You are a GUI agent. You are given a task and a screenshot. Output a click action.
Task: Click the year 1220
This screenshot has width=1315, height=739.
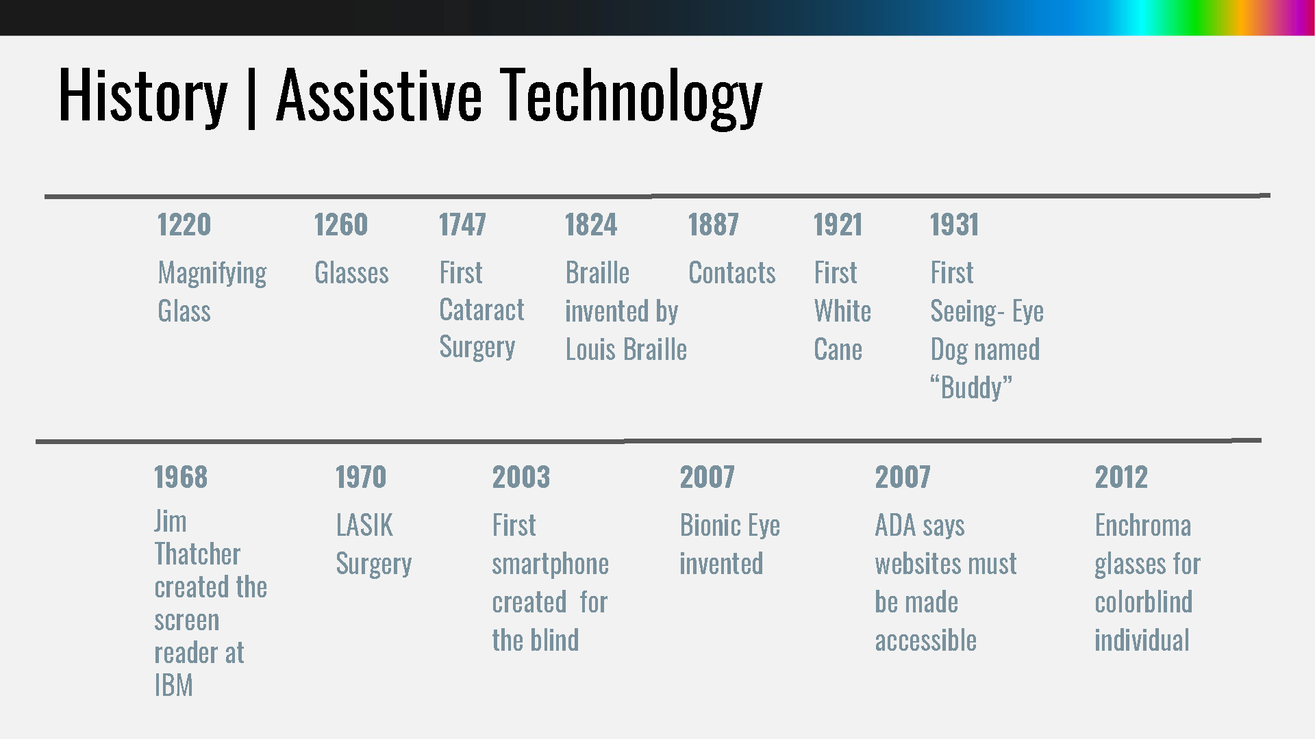184,224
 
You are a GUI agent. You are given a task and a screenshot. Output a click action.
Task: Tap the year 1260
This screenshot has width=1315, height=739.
341,224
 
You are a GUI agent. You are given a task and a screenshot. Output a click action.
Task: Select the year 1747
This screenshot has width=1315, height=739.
462,224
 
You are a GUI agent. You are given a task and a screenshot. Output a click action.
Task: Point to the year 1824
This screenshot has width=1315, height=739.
591,224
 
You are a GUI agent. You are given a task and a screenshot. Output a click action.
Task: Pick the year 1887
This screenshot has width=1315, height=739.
714,224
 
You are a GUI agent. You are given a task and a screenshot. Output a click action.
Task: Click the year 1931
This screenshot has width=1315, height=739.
954,224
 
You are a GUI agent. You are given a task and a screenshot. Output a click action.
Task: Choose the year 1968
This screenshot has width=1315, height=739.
181,477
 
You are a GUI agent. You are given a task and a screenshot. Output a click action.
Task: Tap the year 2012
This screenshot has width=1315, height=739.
1121,477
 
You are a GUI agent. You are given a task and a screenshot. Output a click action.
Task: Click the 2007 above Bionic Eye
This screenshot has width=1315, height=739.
707,477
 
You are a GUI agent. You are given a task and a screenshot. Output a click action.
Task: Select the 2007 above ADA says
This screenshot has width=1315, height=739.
903,477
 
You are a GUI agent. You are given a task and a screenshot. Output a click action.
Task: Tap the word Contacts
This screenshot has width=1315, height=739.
732,273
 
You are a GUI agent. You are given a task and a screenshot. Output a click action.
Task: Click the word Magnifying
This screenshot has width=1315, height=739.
212,274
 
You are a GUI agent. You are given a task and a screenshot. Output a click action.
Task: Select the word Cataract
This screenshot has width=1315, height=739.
481,310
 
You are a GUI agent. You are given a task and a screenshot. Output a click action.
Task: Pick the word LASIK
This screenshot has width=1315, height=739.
364,526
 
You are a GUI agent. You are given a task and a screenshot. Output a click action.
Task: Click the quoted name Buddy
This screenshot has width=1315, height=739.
971,388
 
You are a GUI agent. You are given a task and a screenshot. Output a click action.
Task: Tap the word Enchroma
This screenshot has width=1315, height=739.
1143,526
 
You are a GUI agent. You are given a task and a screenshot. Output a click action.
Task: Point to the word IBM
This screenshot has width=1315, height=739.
174,685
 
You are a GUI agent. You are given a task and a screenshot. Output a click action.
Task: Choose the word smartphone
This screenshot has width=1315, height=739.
551,565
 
